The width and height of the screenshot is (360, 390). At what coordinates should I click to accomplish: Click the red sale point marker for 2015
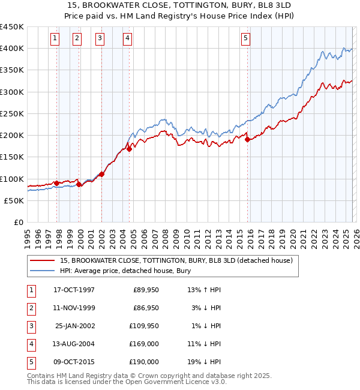[x=247, y=140]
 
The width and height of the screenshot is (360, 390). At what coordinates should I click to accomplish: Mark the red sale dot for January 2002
[x=102, y=175]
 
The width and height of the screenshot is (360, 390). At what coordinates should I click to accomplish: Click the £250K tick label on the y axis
[x=12, y=113]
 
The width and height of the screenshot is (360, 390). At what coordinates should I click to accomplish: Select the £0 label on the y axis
[x=18, y=222]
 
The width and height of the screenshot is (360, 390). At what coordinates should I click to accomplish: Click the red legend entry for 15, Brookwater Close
[x=176, y=260]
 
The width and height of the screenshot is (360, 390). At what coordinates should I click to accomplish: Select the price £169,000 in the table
[x=145, y=344]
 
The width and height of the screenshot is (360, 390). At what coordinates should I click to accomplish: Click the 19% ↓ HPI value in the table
[x=204, y=362]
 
